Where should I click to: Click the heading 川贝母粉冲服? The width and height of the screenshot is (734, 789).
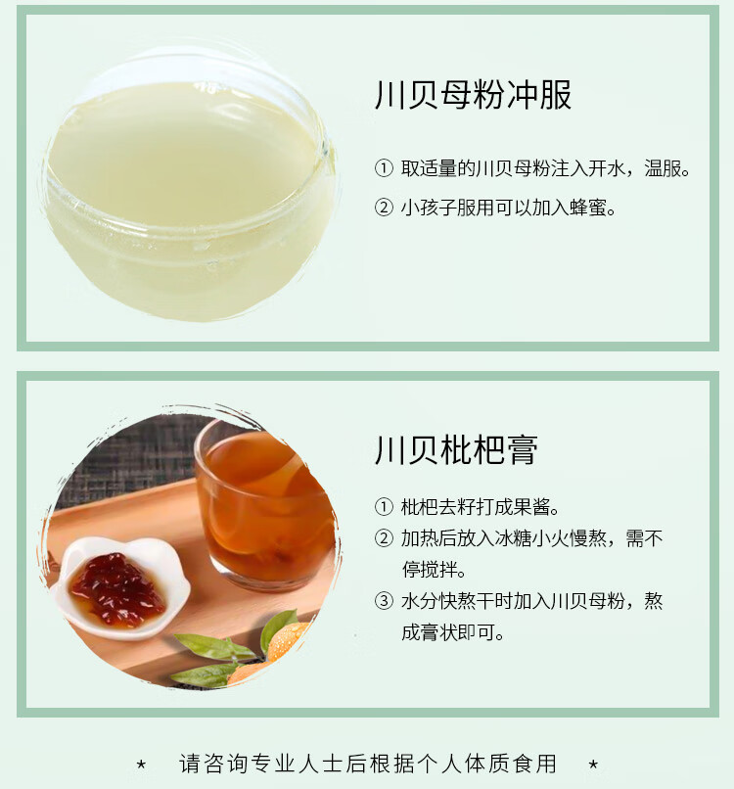(473, 95)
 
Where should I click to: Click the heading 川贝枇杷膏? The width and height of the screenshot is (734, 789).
(456, 449)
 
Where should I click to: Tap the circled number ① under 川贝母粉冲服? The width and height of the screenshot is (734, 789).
(384, 168)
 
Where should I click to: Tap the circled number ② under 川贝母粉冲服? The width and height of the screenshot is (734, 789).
(384, 208)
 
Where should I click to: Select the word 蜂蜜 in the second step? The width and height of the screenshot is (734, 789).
(586, 208)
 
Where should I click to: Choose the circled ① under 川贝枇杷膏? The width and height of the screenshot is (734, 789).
(384, 507)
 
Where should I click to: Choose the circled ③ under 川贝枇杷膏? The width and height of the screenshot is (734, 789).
(384, 601)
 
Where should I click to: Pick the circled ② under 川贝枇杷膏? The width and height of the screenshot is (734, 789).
(384, 538)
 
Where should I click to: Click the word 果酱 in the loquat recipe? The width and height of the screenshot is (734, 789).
(530, 507)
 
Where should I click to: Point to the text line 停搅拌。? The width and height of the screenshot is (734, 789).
(434, 570)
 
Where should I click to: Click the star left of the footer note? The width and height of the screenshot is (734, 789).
(143, 764)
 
